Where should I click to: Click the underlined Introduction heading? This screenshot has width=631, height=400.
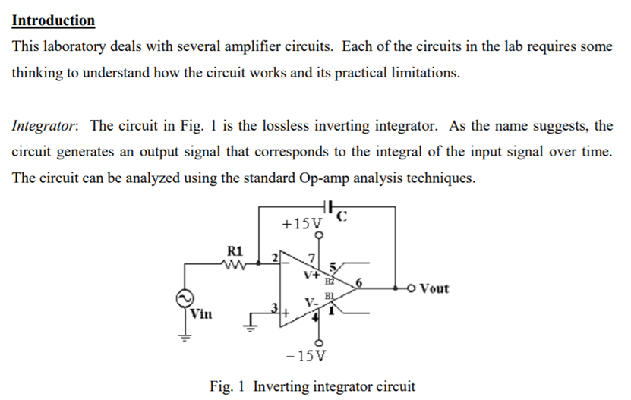(x=53, y=20)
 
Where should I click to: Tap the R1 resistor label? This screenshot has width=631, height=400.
(x=235, y=251)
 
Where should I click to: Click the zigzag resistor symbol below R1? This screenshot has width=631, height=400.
(x=233, y=264)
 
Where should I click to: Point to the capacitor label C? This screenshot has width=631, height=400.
(x=341, y=217)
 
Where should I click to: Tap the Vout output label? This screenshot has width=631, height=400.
(x=434, y=288)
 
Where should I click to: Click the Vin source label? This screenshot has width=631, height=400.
(x=200, y=313)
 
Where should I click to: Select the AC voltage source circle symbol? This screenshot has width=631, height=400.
(x=185, y=298)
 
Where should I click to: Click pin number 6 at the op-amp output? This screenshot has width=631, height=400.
(x=359, y=283)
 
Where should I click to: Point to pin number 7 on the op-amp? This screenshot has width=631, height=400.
(x=311, y=257)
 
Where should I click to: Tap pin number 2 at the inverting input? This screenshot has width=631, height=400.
(x=276, y=257)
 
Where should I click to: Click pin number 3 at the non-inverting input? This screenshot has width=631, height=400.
(x=275, y=308)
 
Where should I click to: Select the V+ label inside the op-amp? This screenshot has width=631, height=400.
(x=311, y=276)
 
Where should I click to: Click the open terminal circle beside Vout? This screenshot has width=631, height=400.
(x=411, y=288)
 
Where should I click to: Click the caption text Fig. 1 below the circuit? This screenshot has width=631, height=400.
(x=227, y=386)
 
